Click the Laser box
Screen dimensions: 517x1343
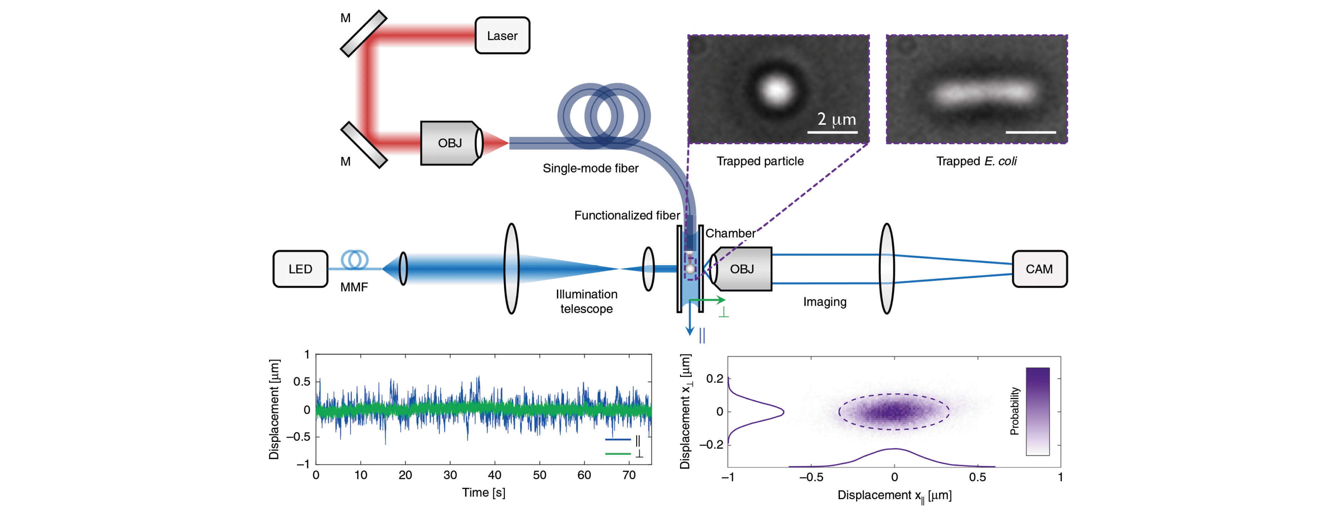[502, 35]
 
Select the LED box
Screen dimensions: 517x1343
[300, 269]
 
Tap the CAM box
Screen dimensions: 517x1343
[1039, 269]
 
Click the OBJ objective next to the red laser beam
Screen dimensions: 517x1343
[449, 143]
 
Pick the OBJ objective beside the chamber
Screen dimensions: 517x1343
[742, 269]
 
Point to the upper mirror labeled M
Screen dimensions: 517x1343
[363, 33]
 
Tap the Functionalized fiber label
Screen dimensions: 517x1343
[626, 215]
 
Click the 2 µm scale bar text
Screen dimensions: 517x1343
[836, 119]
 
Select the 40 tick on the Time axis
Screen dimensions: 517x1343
[494, 475]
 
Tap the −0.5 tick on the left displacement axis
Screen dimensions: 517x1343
[298, 437]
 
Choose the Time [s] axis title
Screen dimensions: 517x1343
[483, 492]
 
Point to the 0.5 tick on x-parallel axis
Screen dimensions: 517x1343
[977, 477]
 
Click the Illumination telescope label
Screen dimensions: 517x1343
[586, 302]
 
